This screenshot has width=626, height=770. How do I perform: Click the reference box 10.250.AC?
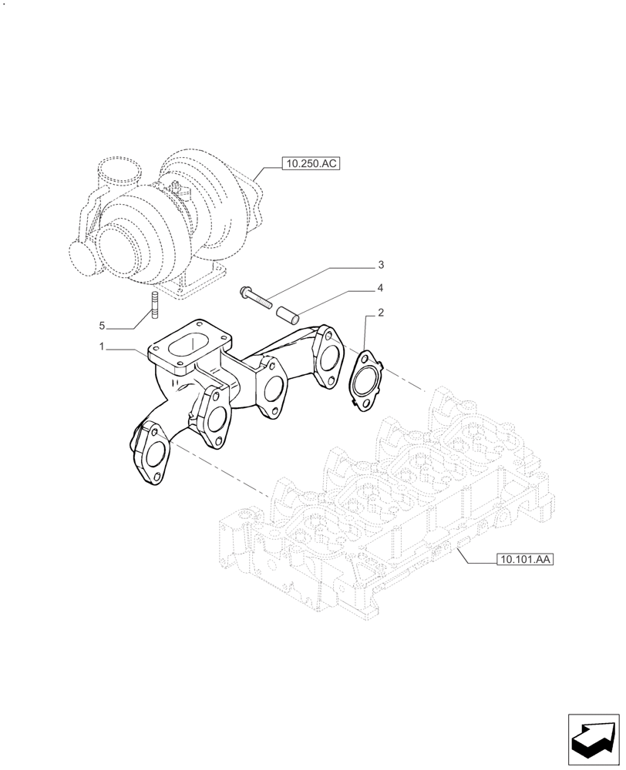(312, 163)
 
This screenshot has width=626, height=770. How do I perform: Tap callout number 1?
(101, 348)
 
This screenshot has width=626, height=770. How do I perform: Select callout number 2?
(379, 313)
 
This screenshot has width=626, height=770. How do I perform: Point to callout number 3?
(380, 266)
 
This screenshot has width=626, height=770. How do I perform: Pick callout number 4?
(380, 289)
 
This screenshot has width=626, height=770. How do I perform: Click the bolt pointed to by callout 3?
(257, 297)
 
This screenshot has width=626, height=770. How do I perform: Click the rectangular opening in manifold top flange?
(190, 342)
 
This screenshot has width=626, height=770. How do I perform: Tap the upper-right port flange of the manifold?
(328, 356)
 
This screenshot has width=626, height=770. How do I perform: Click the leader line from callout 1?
(127, 349)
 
